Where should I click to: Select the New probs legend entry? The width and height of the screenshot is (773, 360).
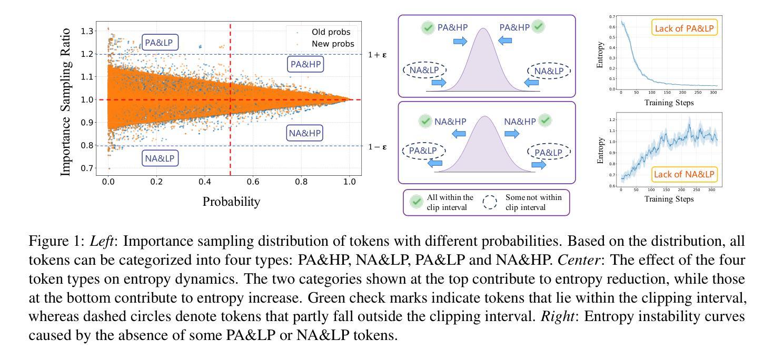tap(332, 44)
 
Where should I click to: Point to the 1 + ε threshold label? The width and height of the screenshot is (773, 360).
tap(377, 54)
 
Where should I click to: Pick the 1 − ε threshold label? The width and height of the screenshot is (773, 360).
tap(377, 146)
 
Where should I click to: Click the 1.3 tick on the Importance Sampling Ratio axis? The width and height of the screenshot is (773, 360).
tap(87, 31)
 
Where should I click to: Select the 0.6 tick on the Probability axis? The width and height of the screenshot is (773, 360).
tap(253, 182)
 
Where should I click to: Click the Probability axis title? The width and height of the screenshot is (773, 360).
tap(231, 202)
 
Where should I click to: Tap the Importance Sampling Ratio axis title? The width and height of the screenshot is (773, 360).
tap(66, 100)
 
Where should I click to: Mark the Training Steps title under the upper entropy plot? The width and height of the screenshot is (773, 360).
tap(669, 103)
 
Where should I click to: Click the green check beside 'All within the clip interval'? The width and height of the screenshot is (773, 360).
tap(417, 202)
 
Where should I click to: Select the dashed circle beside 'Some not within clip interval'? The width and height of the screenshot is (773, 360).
tap(490, 202)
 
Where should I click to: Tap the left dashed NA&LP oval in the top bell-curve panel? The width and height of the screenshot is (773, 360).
tap(424, 70)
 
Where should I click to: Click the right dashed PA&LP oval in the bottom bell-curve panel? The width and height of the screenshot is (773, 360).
tap(549, 152)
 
